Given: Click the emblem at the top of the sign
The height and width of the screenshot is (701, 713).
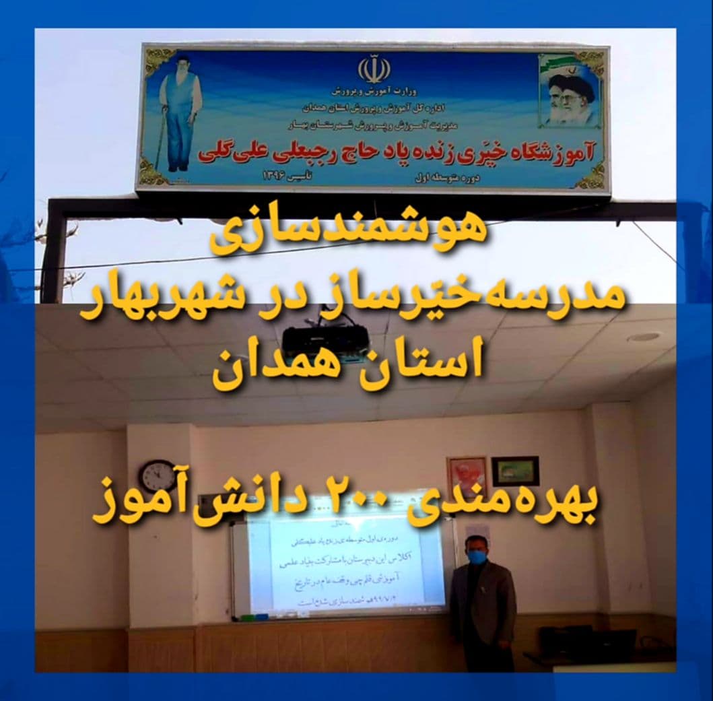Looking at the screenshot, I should coord(374,69).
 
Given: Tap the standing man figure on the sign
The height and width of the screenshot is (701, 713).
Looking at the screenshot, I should coord(180,111).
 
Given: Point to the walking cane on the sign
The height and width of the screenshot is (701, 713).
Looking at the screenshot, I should coord(160,142).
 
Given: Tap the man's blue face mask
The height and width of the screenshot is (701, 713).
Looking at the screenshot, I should coord(477,556).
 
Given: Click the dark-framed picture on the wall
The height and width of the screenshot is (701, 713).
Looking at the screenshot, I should coord(514,471).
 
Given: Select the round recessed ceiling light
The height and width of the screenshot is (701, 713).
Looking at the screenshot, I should coord(645,337).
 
